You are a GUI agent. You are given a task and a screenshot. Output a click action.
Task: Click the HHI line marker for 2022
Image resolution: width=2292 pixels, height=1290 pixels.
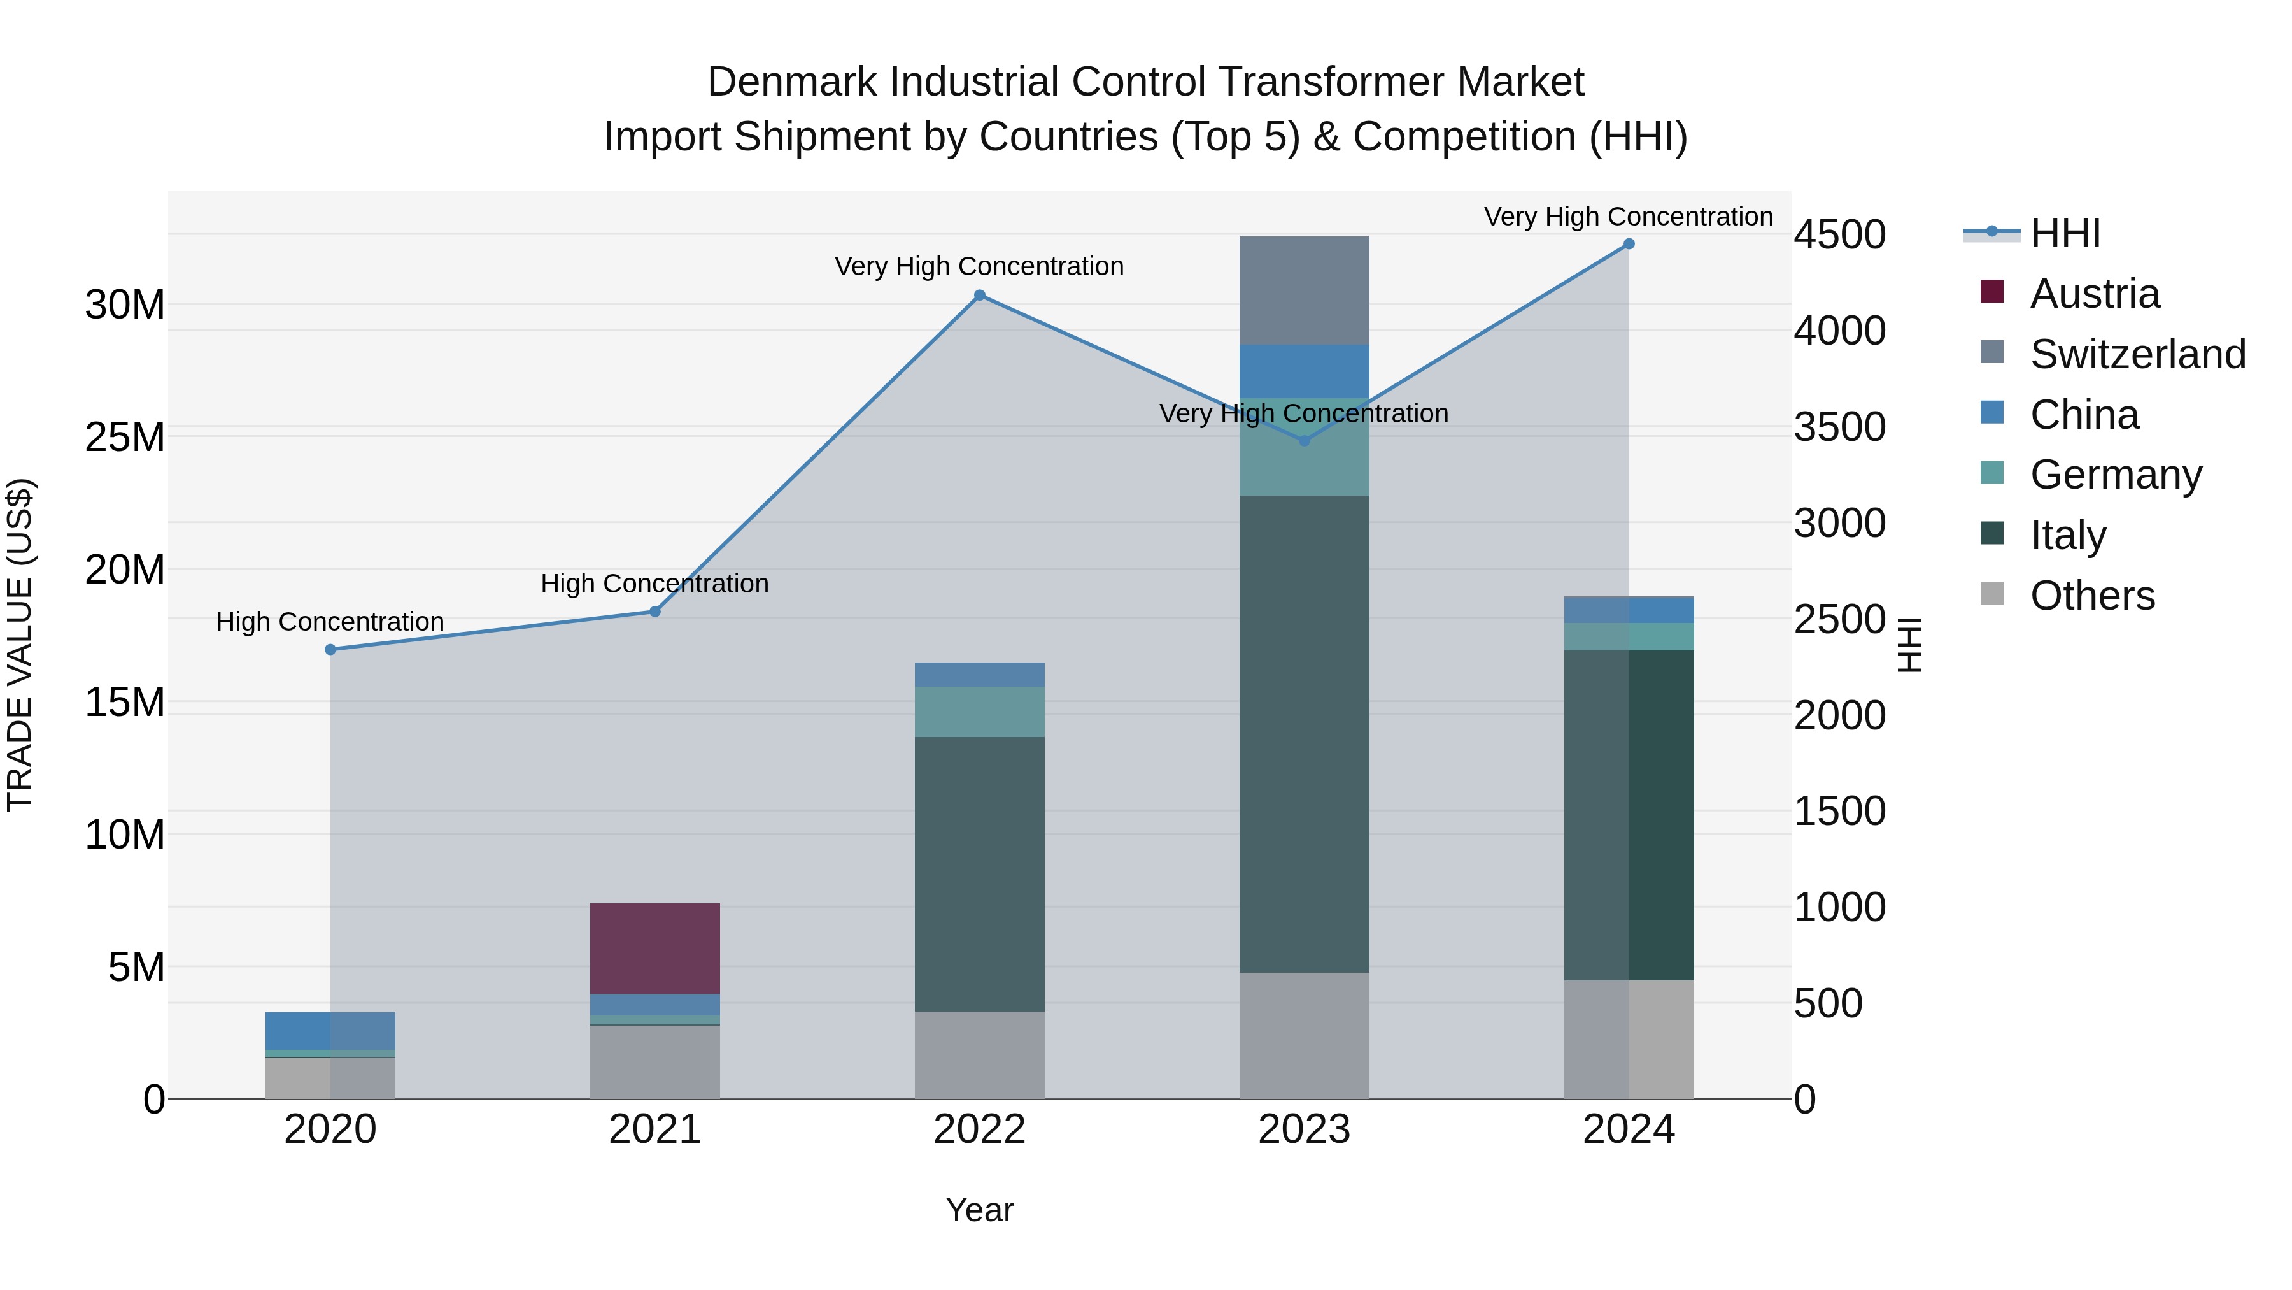[x=980, y=295]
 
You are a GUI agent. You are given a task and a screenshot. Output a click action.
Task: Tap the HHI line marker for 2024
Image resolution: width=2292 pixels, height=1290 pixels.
[x=1629, y=244]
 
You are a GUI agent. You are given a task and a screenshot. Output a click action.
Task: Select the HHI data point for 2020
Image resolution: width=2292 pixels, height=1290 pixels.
[x=330, y=649]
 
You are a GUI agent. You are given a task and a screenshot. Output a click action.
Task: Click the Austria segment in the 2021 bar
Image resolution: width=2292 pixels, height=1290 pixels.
[x=655, y=948]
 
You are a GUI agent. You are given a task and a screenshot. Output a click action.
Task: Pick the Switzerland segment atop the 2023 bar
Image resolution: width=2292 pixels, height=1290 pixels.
[x=1305, y=290]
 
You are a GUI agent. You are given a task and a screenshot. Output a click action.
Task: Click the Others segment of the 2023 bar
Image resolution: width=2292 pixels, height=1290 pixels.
[x=1305, y=1035]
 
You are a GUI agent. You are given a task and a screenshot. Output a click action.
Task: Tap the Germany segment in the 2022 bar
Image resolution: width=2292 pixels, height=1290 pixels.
[x=980, y=712]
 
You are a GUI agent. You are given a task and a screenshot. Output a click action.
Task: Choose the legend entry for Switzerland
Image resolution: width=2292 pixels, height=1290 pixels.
[x=2138, y=354]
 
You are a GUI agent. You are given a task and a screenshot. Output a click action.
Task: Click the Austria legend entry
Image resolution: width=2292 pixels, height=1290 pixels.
[x=2095, y=294]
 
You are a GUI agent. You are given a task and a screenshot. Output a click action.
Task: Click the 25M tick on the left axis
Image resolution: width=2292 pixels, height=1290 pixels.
[x=125, y=437]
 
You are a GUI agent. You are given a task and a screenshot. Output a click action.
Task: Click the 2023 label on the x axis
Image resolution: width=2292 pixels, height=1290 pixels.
[x=1305, y=1129]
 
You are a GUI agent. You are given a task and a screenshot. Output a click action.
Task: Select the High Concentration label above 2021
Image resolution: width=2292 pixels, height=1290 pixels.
[x=655, y=584]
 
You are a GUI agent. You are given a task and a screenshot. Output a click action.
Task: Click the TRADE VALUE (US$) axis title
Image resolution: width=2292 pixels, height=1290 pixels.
[x=20, y=645]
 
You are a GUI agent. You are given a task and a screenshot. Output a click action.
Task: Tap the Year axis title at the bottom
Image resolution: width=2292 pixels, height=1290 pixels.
[x=980, y=1210]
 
